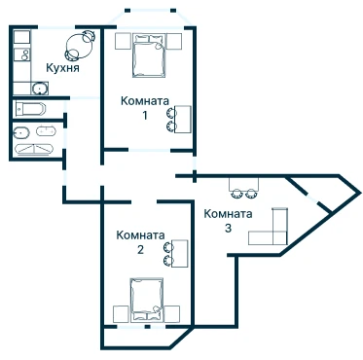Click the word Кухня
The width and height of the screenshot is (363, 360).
click(x=62, y=68)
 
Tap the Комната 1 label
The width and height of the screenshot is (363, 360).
click(x=145, y=108)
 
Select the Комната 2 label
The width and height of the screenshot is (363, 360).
click(x=140, y=242)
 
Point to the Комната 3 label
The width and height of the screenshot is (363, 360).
click(x=228, y=221)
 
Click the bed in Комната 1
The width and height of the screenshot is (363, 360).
click(x=149, y=56)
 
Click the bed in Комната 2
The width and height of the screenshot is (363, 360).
click(x=147, y=301)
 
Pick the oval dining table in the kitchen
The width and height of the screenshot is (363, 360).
click(x=79, y=46)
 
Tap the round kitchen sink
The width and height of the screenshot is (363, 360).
click(x=40, y=89)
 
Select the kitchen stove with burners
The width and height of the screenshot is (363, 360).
click(x=22, y=54)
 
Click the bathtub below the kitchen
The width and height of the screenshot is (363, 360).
click(x=29, y=109)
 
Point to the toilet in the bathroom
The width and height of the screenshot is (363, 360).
click(x=21, y=132)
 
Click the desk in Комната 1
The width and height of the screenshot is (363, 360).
click(x=182, y=119)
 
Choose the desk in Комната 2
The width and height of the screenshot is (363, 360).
click(x=180, y=254)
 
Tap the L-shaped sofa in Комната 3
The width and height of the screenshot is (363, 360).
click(x=273, y=232)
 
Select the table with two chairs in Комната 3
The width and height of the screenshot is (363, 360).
click(x=244, y=187)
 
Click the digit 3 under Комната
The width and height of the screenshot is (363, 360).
click(x=228, y=228)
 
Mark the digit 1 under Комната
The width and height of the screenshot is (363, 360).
click(x=145, y=115)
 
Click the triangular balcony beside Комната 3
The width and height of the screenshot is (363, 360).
click(x=325, y=194)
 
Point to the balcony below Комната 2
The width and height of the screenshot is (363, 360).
click(x=147, y=338)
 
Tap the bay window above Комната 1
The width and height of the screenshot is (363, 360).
click(x=150, y=18)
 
